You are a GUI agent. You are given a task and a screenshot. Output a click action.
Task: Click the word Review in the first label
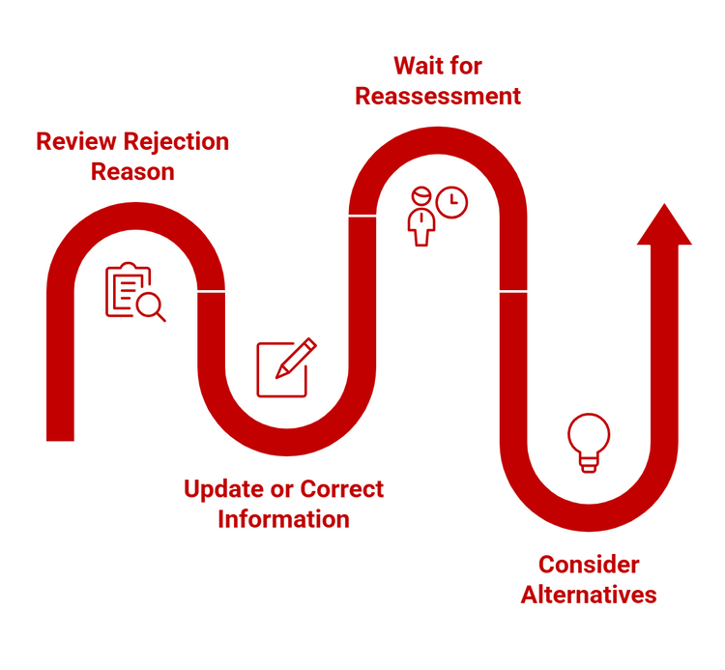[x=78, y=142]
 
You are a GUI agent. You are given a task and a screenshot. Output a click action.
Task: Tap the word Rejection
[x=176, y=142]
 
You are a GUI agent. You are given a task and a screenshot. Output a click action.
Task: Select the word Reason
[x=132, y=172]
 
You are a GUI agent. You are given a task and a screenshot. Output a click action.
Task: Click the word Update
[x=224, y=489]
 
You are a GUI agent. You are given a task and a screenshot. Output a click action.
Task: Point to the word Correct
[x=342, y=489]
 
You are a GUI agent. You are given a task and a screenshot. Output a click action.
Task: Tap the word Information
[x=283, y=519]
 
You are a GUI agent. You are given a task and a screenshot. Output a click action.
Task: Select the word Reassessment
[x=438, y=97]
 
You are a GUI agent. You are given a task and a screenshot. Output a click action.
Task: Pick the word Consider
[x=589, y=565]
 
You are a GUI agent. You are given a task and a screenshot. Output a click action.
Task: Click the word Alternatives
[x=589, y=595]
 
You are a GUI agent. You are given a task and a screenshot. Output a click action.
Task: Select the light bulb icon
[x=589, y=443]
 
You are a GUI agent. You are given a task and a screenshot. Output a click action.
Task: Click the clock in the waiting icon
[x=450, y=202]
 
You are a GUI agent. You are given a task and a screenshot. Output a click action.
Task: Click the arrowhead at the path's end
[x=663, y=224]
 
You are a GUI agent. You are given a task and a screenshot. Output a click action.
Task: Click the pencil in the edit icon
[x=296, y=358]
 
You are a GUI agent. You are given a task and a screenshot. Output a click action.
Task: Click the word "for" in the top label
[x=466, y=67]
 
